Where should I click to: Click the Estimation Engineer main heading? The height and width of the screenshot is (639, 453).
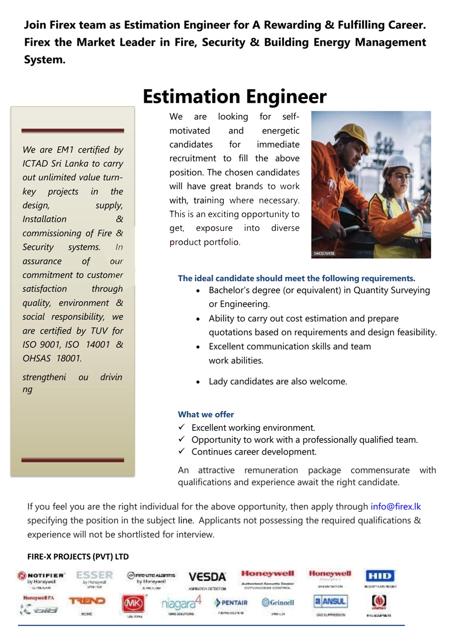click(234, 97)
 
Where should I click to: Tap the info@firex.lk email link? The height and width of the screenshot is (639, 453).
click(395, 506)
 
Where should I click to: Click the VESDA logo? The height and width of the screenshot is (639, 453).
click(207, 577)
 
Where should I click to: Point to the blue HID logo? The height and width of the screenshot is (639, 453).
click(380, 576)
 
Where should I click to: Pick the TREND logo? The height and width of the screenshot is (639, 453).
click(87, 601)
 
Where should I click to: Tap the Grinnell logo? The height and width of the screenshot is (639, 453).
click(278, 602)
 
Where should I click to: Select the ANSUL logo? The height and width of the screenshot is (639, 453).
click(331, 601)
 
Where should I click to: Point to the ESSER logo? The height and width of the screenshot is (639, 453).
click(94, 575)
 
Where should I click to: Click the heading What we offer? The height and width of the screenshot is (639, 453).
click(206, 414)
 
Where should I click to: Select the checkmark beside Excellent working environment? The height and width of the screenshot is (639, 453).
click(182, 427)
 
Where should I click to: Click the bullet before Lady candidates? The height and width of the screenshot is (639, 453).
click(198, 382)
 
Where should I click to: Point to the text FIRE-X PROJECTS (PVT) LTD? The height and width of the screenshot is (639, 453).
click(78, 557)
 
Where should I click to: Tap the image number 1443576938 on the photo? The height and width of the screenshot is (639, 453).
click(324, 253)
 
